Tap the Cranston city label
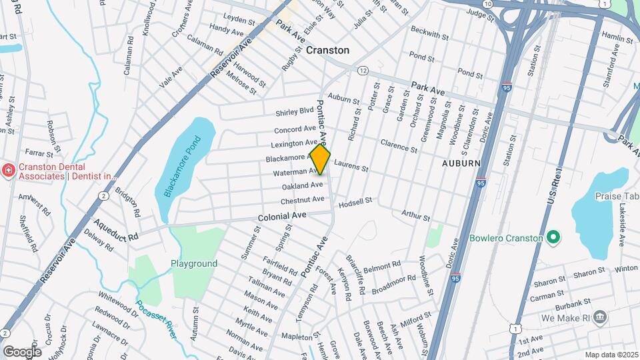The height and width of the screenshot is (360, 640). click(327, 50)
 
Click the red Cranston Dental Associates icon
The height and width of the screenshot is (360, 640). click(8, 171)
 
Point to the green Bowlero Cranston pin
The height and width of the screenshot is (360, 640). click(553, 237)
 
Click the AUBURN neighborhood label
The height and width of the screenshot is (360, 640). click(461, 163)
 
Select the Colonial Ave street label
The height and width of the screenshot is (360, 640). click(283, 216)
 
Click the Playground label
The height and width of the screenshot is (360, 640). click(194, 263)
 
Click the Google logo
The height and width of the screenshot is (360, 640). click(22, 351)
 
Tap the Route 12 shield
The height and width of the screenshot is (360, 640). click(363, 70)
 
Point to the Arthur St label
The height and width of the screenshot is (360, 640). click(415, 215)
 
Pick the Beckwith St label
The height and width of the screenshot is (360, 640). click(431, 31)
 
